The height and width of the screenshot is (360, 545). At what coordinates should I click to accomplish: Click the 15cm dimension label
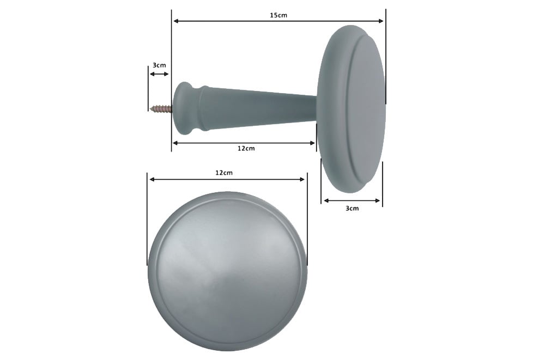278,15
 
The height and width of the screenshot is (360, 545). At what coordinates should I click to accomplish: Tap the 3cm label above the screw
159,65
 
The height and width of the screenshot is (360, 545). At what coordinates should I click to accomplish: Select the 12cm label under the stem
246,148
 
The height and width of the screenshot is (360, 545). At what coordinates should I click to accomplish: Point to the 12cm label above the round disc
224,173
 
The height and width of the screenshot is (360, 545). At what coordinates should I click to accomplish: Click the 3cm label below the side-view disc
352,208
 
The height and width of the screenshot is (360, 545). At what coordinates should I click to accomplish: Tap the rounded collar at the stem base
187,108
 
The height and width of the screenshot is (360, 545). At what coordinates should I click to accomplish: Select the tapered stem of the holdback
259,108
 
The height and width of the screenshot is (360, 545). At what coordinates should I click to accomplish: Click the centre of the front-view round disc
228,271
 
